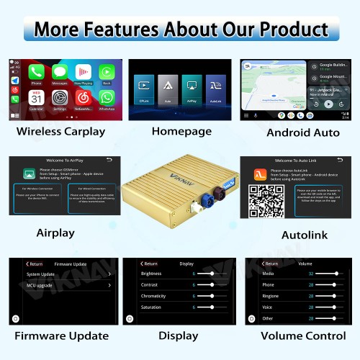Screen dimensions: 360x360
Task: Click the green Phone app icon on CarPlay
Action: coord(36,72)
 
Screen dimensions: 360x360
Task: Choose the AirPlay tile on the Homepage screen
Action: coord(192,84)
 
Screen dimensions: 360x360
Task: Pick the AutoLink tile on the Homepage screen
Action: coord(214,84)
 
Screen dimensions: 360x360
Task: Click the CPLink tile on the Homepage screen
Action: coord(145,84)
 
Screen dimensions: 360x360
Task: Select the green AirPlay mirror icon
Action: coord(30,174)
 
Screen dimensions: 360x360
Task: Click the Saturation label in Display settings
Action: coord(151,307)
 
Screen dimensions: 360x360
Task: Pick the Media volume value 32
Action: coord(310,274)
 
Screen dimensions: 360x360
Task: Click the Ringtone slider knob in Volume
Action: coord(333,296)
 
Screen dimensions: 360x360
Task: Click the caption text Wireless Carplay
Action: coord(60,132)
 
